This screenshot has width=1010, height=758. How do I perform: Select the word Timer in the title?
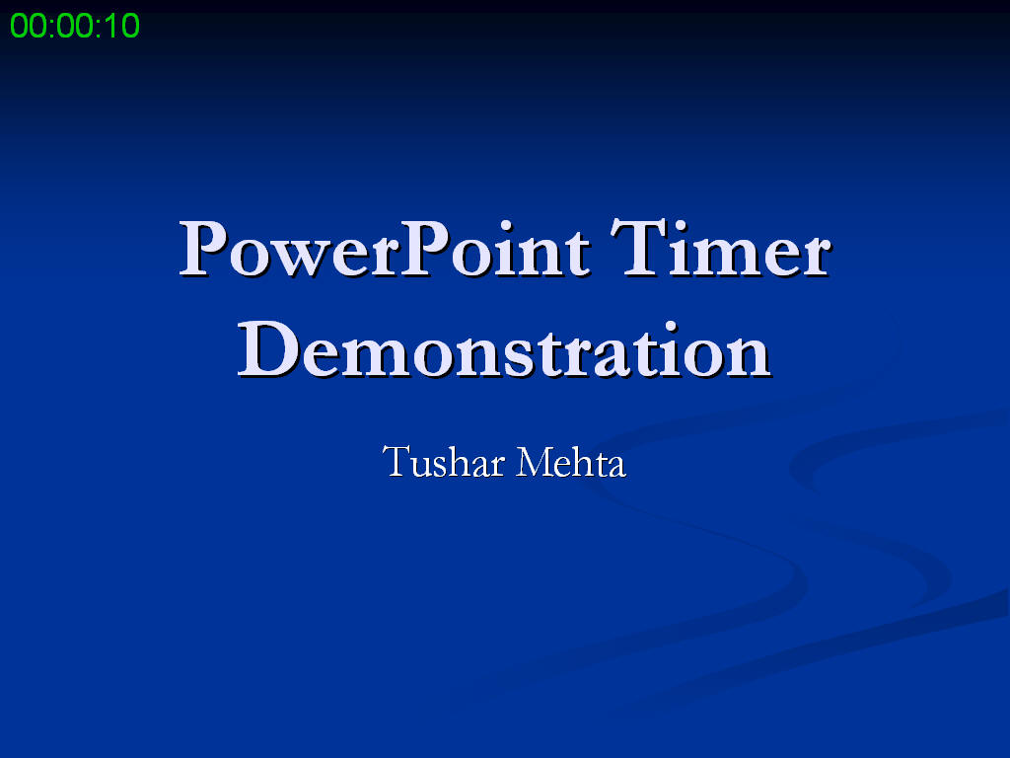tap(719, 250)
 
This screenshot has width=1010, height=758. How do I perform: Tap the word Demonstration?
tap(504, 350)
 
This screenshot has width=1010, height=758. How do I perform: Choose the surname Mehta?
tap(571, 461)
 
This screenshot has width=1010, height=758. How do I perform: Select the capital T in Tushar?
tap(396, 461)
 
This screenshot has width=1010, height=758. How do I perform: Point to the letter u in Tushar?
tap(418, 465)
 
